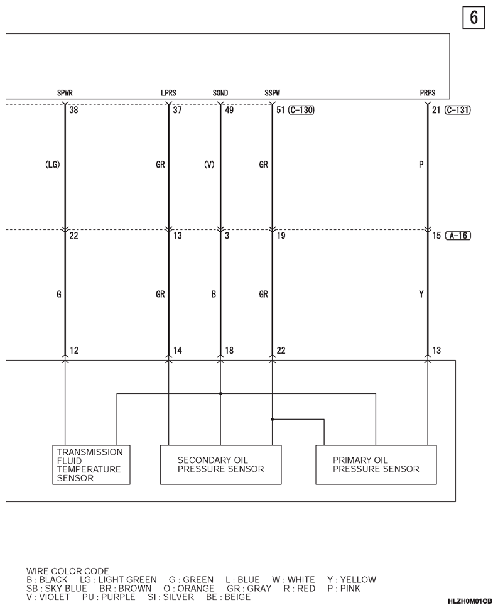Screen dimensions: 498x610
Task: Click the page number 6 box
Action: (x=474, y=18)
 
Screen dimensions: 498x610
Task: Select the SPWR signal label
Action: (x=65, y=93)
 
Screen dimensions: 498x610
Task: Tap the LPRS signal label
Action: (x=168, y=93)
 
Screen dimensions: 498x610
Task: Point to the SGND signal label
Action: (x=220, y=93)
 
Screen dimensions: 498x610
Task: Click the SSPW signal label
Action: (x=272, y=93)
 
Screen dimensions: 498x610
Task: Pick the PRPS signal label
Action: (x=428, y=93)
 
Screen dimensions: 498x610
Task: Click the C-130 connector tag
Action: (x=301, y=110)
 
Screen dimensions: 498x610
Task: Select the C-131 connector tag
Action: (x=458, y=110)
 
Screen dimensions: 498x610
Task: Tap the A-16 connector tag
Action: (x=458, y=236)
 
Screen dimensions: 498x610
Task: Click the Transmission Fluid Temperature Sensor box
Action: (x=91, y=465)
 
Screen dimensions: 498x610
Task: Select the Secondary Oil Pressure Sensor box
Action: (x=221, y=465)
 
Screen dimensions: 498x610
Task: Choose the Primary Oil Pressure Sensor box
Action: (x=376, y=465)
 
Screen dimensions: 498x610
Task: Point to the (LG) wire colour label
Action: (x=53, y=165)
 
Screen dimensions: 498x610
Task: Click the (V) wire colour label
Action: (x=209, y=165)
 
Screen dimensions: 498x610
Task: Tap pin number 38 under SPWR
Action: (x=73, y=110)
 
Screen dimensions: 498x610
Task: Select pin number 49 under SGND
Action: (x=229, y=110)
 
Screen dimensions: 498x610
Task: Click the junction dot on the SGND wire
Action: (x=220, y=394)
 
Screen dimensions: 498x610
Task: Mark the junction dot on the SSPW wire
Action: (x=272, y=420)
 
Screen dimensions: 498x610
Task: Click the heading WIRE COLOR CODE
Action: (x=68, y=571)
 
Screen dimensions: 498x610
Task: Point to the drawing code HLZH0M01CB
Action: (x=470, y=601)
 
